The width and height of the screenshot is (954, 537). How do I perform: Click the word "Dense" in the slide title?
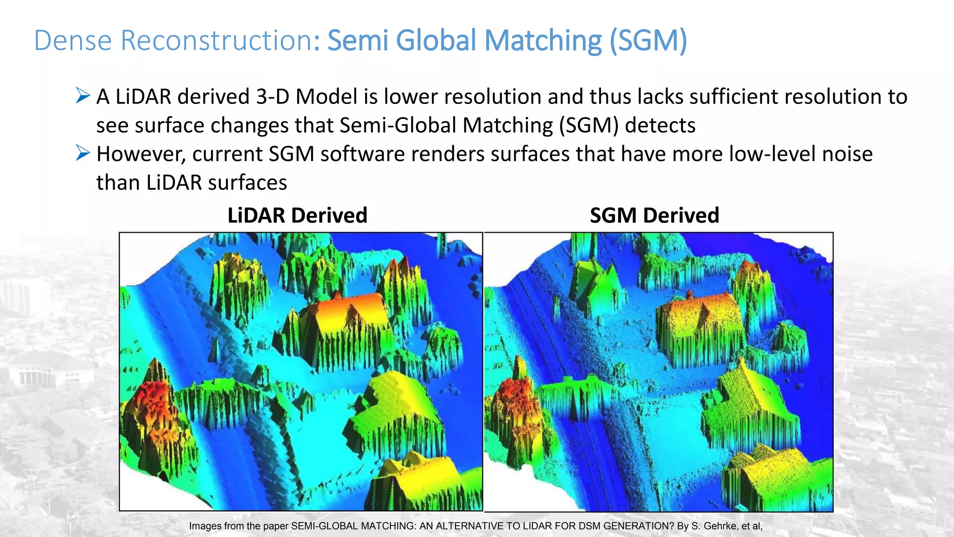pyautogui.click(x=73, y=41)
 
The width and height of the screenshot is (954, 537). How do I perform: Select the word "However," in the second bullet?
pyautogui.click(x=141, y=154)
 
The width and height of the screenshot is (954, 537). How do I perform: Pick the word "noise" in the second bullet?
pyautogui.click(x=847, y=154)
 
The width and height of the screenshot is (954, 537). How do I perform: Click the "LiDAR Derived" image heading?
pyautogui.click(x=297, y=215)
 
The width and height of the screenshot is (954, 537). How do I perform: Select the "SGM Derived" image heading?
pyautogui.click(x=654, y=215)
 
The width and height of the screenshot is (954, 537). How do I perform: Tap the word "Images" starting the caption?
pyautogui.click(x=205, y=526)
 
